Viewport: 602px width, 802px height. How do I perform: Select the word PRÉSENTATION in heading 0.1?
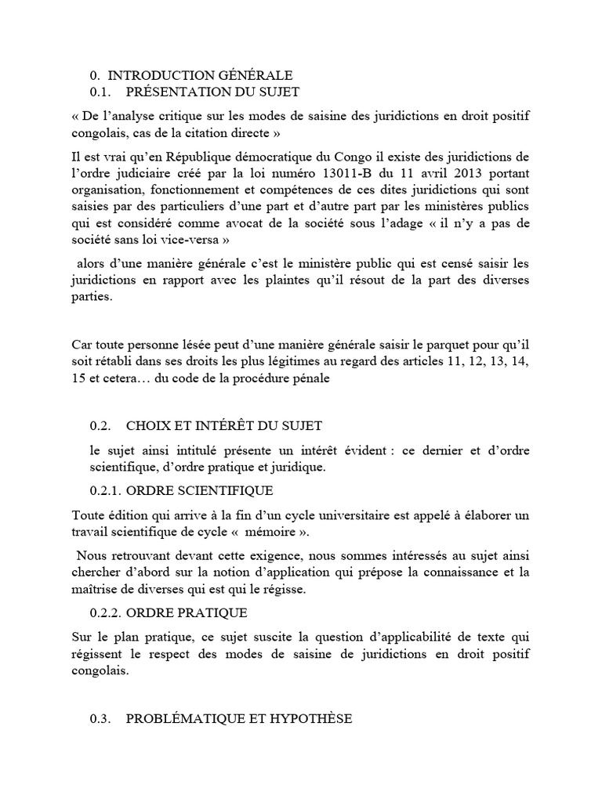pos(177,92)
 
